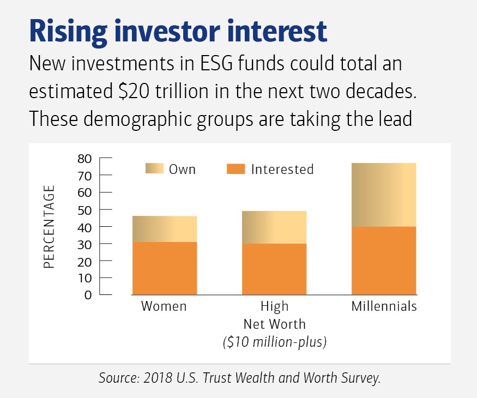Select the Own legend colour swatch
click(x=154, y=169)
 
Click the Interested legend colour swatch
click(x=236, y=169)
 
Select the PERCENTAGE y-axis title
click(x=50, y=227)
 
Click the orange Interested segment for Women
click(x=164, y=268)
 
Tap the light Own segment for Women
click(x=164, y=229)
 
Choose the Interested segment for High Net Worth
click(x=275, y=269)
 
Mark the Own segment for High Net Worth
click(x=275, y=227)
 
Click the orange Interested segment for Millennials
click(x=384, y=261)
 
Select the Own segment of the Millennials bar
click(x=384, y=195)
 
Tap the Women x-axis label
click(x=164, y=306)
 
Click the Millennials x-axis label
click(x=384, y=306)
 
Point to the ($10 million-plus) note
click(x=275, y=342)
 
